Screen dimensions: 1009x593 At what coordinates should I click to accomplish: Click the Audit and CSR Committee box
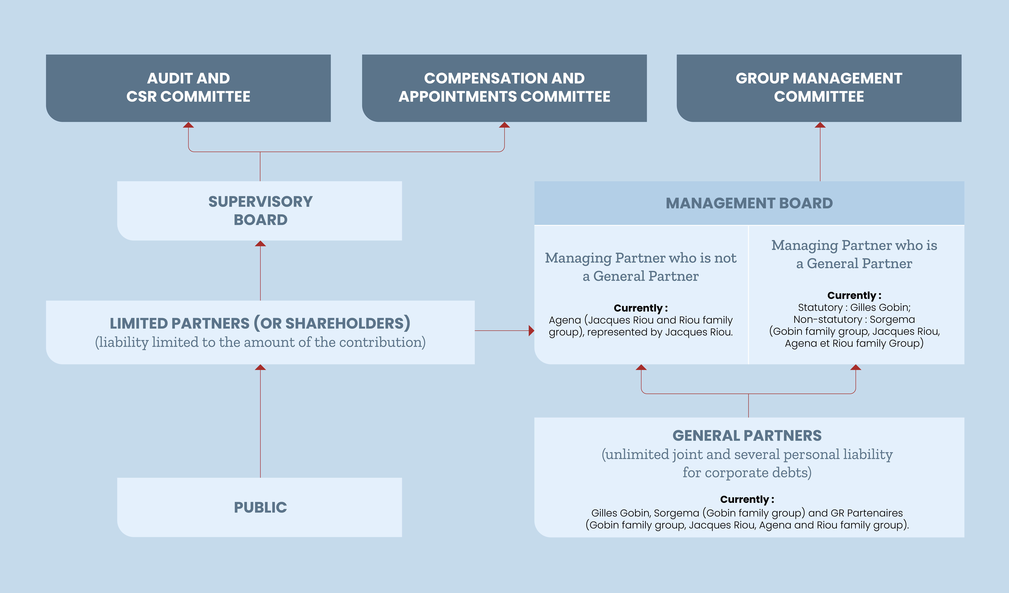[x=188, y=88]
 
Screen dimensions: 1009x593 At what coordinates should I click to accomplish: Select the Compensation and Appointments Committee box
[x=504, y=88]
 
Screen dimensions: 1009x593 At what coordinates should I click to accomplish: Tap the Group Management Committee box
[x=819, y=88]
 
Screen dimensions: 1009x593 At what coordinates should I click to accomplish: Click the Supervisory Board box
[x=259, y=211]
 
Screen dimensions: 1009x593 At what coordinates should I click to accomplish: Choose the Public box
[x=259, y=507]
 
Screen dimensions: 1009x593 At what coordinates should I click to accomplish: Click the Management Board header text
[x=749, y=203]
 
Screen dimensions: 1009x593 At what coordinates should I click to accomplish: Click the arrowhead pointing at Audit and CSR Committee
[x=188, y=125]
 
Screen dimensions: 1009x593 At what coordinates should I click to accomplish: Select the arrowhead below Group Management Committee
[x=820, y=125]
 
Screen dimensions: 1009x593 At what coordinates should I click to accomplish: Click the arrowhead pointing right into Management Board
[x=531, y=331]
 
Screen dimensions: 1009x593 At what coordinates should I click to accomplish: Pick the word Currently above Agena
[x=638, y=308]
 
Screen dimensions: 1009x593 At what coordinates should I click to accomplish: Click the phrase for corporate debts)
[x=747, y=473]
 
